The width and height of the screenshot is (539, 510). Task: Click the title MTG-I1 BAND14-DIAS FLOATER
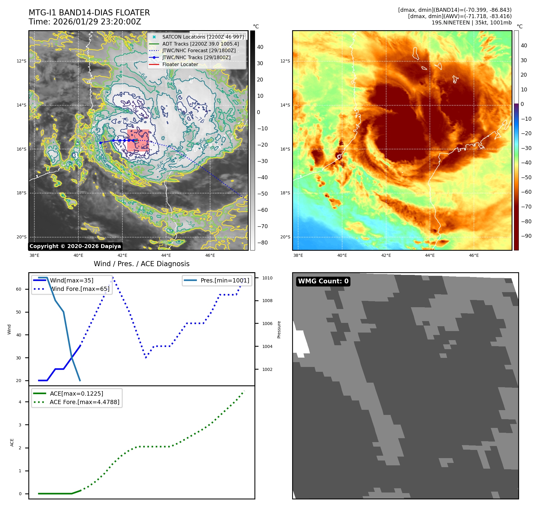tap(89, 13)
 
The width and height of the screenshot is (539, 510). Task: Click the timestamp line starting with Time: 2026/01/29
tap(85, 22)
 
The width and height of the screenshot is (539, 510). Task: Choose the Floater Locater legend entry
tap(180, 64)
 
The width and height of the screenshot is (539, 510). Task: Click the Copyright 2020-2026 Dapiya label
tap(75, 246)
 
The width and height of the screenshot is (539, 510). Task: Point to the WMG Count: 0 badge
tap(323, 281)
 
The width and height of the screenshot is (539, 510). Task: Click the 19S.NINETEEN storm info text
tap(471, 23)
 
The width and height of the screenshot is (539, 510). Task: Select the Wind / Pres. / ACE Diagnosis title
tap(141, 264)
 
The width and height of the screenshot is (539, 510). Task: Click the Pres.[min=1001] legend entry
tap(225, 280)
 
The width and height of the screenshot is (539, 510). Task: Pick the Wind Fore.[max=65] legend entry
tap(80, 289)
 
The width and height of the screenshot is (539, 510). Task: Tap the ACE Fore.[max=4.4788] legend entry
tap(84, 402)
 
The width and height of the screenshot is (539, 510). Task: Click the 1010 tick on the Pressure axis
tap(267, 278)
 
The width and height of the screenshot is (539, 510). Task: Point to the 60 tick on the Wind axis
tap(19, 289)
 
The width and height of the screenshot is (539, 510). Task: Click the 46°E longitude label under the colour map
tap(474, 255)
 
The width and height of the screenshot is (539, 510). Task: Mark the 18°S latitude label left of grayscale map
tap(21, 193)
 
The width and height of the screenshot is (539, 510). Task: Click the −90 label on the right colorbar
tap(526, 236)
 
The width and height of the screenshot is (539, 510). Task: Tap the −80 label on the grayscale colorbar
tap(262, 243)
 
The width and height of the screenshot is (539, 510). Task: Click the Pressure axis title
tap(279, 330)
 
